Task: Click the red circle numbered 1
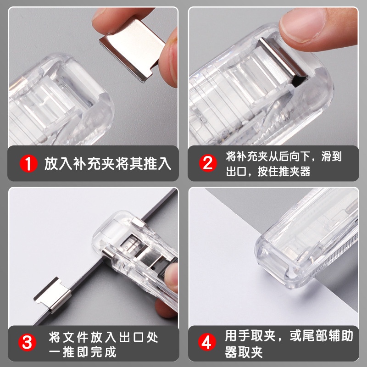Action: [29, 163]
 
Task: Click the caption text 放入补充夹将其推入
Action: [108, 164]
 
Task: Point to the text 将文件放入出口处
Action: [103, 338]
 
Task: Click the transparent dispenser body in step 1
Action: [55, 106]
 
